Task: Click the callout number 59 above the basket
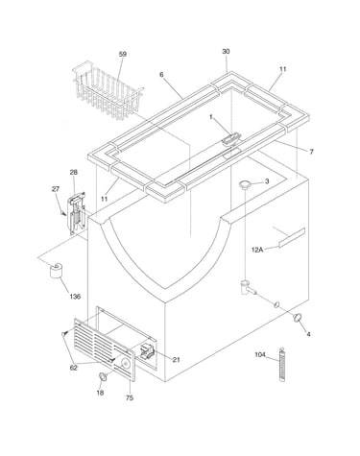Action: pos(123,54)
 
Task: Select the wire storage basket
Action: pos(108,91)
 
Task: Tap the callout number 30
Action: pos(226,51)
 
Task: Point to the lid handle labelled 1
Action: pos(230,139)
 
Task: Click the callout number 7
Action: pos(312,152)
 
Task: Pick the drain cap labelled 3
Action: pos(246,183)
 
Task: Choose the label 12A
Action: pos(257,250)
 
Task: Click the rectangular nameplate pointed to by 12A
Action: pos(292,237)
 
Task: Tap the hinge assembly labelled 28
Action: pos(76,214)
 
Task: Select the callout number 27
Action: pos(56,189)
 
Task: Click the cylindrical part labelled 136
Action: pos(56,271)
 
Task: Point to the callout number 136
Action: pos(75,297)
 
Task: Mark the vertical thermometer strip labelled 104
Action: pos(282,365)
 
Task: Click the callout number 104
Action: pos(260,354)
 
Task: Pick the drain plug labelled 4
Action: pos(298,318)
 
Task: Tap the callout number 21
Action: pos(176,360)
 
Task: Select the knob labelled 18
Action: pos(103,377)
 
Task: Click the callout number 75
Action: pos(130,397)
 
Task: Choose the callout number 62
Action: pos(74,368)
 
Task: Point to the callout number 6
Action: pos(161,75)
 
